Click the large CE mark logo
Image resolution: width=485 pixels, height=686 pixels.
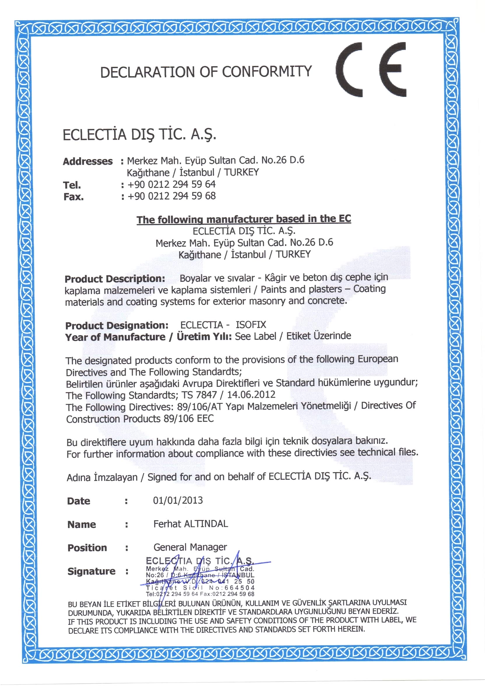371,70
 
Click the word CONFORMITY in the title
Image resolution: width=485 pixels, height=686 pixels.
267,72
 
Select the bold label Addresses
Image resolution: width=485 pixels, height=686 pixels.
87,161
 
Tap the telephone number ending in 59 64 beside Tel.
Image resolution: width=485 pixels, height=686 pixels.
171,184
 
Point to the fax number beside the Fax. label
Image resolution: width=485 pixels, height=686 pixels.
171,196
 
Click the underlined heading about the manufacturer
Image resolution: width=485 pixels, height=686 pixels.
244,219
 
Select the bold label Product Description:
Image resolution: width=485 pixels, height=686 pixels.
115,279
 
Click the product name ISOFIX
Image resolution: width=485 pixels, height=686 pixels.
251,325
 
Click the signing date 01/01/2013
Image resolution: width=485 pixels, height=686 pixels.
178,501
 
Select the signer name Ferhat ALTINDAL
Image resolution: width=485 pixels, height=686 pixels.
191,524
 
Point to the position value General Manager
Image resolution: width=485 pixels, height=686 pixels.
190,547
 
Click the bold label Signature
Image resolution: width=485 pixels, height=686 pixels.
92,571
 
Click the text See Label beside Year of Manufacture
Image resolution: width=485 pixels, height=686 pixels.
255,336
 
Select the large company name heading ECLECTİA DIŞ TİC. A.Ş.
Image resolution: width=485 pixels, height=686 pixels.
139,134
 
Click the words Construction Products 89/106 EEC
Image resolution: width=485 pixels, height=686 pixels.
140,419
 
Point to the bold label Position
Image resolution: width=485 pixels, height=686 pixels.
87,548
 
